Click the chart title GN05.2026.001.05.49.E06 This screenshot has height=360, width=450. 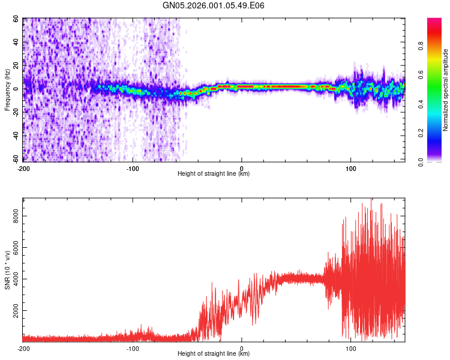point(214,5)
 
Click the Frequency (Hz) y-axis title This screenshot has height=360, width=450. point(7,90)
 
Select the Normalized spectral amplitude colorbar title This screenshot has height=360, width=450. point(446,90)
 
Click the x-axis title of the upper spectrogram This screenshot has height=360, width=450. point(214,173)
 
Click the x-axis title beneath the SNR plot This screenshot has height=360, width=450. point(214,353)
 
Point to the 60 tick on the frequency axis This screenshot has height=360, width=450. point(16,19)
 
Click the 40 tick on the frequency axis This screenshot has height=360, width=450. point(16,42)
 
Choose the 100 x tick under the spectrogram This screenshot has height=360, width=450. point(351,168)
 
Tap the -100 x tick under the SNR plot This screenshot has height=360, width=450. point(133,348)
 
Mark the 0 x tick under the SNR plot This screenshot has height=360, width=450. point(242,348)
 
